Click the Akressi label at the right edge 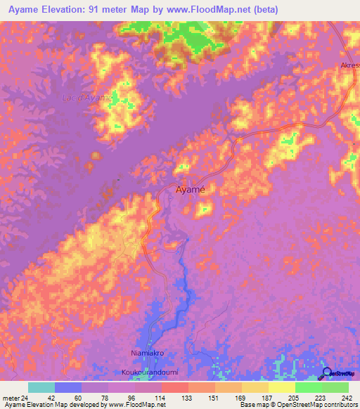[349, 66]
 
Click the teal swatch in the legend [41, 387]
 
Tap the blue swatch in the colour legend [68, 387]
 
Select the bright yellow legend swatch [282, 387]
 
